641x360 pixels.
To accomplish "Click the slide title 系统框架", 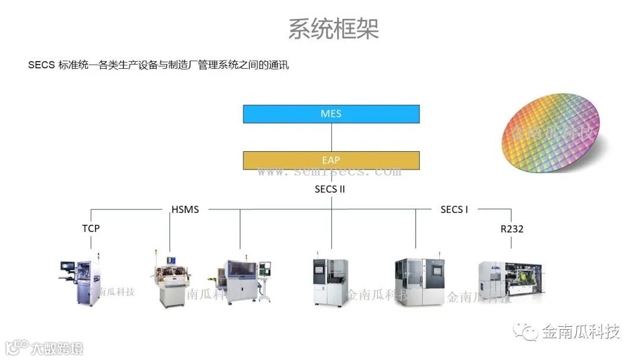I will [x=333, y=28].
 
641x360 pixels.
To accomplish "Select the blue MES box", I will [x=331, y=114].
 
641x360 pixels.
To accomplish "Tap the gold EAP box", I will [x=331, y=160].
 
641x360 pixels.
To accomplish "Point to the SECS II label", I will [x=330, y=190].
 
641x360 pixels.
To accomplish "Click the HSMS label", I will [x=185, y=209].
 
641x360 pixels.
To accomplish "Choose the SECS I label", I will [x=455, y=209].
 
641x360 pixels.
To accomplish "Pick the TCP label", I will [x=91, y=228].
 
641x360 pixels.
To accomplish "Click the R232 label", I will [x=511, y=228].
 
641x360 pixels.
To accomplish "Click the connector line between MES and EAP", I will [x=331, y=137].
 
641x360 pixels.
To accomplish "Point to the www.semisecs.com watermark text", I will [x=329, y=172].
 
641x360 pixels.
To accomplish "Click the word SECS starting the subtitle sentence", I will [x=41, y=65].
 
